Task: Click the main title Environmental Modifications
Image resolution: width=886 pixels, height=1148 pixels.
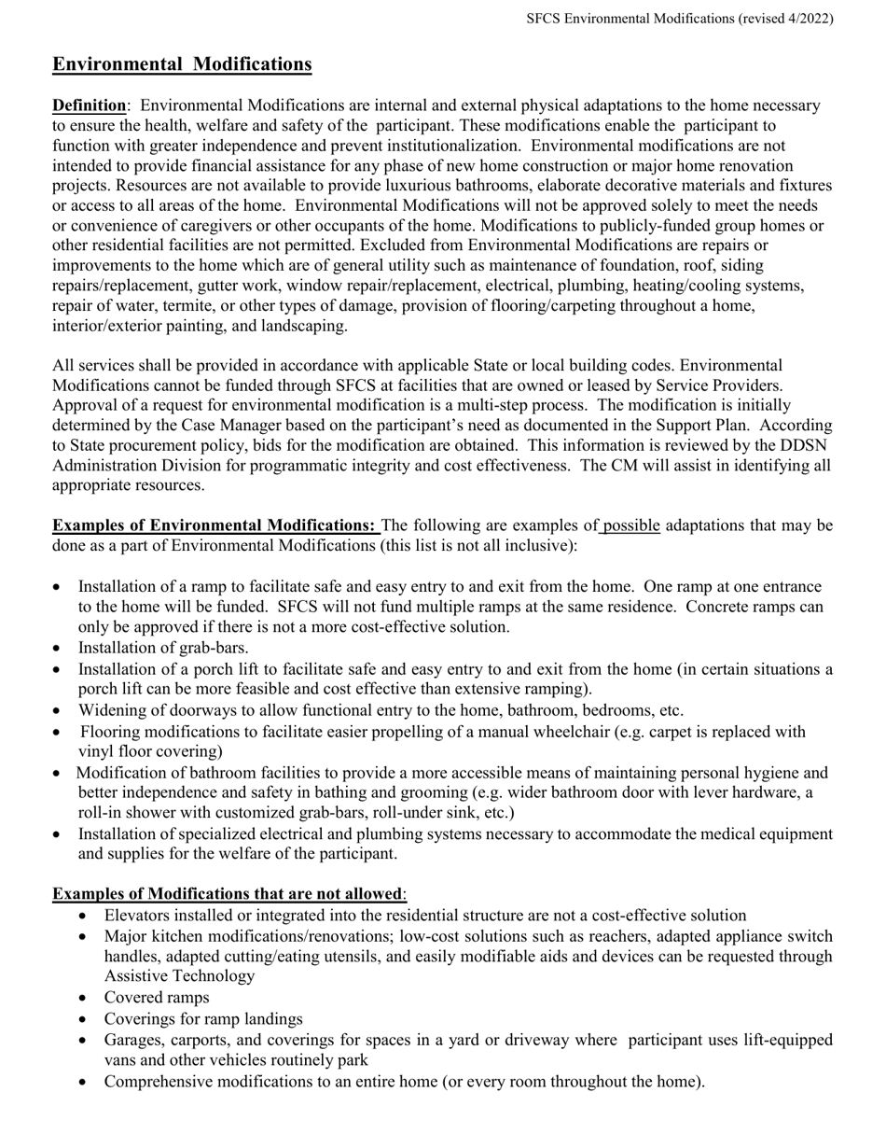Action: tap(182, 64)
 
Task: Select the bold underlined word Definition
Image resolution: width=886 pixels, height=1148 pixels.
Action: tap(89, 105)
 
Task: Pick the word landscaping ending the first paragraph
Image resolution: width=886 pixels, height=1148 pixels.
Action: tap(305, 326)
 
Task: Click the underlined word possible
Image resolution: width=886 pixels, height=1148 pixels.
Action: tap(631, 525)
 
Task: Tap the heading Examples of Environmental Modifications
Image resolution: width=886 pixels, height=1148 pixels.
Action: tap(215, 525)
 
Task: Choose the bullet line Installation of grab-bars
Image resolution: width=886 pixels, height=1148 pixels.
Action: tap(163, 648)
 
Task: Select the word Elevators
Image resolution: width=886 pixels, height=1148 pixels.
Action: tap(138, 916)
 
